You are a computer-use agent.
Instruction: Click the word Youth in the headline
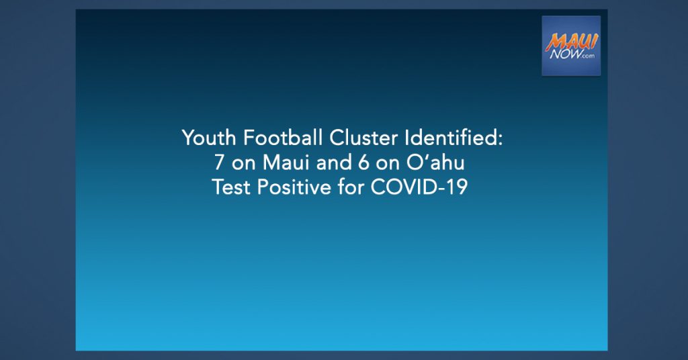tap(209, 138)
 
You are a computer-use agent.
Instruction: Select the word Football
tap(283, 138)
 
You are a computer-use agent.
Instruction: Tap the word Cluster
tap(363, 138)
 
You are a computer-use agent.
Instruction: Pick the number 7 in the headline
tap(220, 163)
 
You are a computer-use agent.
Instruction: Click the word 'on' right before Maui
tap(243, 165)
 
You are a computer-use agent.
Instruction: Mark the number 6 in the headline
tap(363, 163)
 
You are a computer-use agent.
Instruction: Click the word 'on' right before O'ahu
tap(388, 165)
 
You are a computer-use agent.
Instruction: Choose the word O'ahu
tap(435, 163)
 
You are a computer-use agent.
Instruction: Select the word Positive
tap(294, 187)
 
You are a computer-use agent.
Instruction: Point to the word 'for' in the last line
tap(351, 187)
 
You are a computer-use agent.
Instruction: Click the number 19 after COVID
tap(458, 187)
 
